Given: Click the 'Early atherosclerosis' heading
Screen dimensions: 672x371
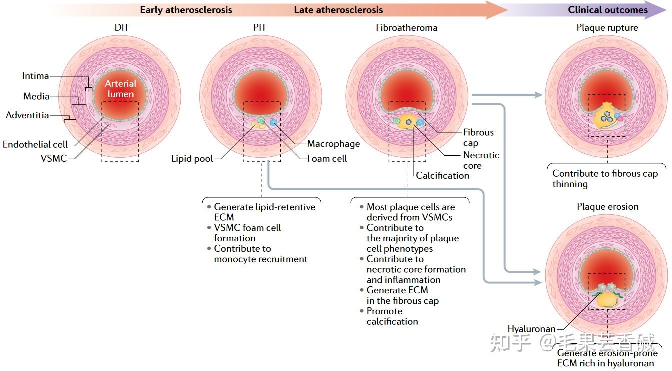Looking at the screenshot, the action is (x=186, y=10).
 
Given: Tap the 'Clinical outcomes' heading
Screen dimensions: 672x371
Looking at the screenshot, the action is (x=608, y=10).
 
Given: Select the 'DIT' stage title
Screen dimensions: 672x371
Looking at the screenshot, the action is (x=122, y=27).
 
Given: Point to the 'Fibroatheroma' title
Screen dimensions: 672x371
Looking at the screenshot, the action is (x=406, y=28).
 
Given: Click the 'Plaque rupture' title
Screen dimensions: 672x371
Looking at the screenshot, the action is (x=607, y=28).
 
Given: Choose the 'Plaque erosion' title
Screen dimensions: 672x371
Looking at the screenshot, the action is (x=608, y=207).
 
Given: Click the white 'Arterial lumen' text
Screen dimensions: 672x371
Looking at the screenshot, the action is (x=120, y=89).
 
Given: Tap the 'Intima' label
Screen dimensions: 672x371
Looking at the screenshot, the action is (x=35, y=76).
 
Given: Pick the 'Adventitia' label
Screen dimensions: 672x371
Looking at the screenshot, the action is (x=27, y=115).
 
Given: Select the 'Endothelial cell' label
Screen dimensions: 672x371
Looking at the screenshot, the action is (x=35, y=144).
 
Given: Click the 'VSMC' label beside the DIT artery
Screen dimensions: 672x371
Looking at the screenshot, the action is (x=54, y=158).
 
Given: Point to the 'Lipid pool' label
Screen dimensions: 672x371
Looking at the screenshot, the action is (x=192, y=159).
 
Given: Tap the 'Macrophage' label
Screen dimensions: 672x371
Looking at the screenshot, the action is (x=333, y=144).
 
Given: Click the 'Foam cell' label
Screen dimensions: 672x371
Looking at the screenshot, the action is (x=327, y=159).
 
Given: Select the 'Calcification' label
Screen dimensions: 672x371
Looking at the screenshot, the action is (x=442, y=175).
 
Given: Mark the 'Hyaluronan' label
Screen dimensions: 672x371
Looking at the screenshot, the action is (x=531, y=329).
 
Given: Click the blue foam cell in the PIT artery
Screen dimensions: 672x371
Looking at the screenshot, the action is (x=273, y=122).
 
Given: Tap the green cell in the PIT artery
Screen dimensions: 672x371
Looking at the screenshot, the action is (x=262, y=121).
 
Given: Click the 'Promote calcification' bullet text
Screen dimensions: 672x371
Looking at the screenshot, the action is (x=392, y=316).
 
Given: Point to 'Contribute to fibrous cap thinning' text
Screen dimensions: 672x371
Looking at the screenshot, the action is (x=605, y=179).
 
